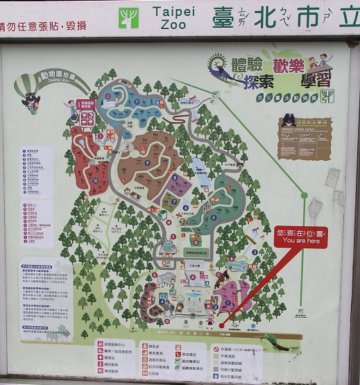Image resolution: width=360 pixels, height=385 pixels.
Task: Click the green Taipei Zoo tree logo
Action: pos(128,18)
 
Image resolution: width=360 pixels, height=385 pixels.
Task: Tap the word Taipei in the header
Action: pos(173,12)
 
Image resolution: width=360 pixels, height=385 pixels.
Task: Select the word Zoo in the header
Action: pos(173,24)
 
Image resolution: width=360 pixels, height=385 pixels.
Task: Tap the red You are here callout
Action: pos(300,237)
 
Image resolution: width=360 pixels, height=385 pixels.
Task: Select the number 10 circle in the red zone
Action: pos(96,180)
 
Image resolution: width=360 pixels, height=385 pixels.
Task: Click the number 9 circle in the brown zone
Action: pos(147,162)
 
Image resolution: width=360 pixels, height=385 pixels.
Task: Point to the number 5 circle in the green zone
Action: pos(213,217)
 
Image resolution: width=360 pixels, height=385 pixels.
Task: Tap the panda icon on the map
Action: pos(169,243)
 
